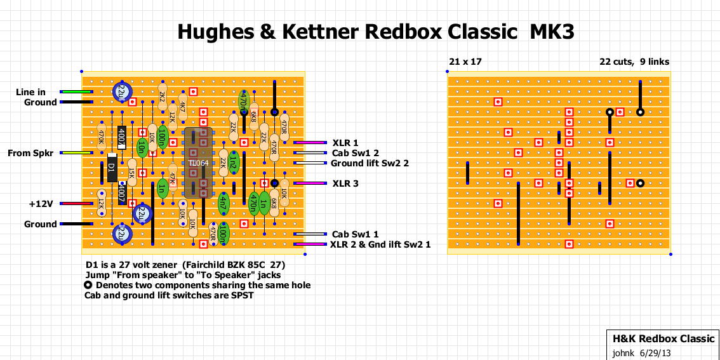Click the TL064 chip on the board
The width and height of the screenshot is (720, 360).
pos(197,163)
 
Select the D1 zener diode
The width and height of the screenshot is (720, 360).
pos(112,168)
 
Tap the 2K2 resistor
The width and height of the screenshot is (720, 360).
pos(162,97)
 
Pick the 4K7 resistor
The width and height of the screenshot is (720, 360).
pos(182,106)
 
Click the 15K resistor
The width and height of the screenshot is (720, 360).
pos(131,172)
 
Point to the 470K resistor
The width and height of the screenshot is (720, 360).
pos(101,137)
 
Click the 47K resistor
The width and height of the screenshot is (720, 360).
pos(172,173)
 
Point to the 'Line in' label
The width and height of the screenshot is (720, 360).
pos(30,92)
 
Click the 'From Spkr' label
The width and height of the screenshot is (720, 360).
pos(30,153)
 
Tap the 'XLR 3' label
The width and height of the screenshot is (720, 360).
pos(345,183)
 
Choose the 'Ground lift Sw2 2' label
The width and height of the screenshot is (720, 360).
pos(370,163)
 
